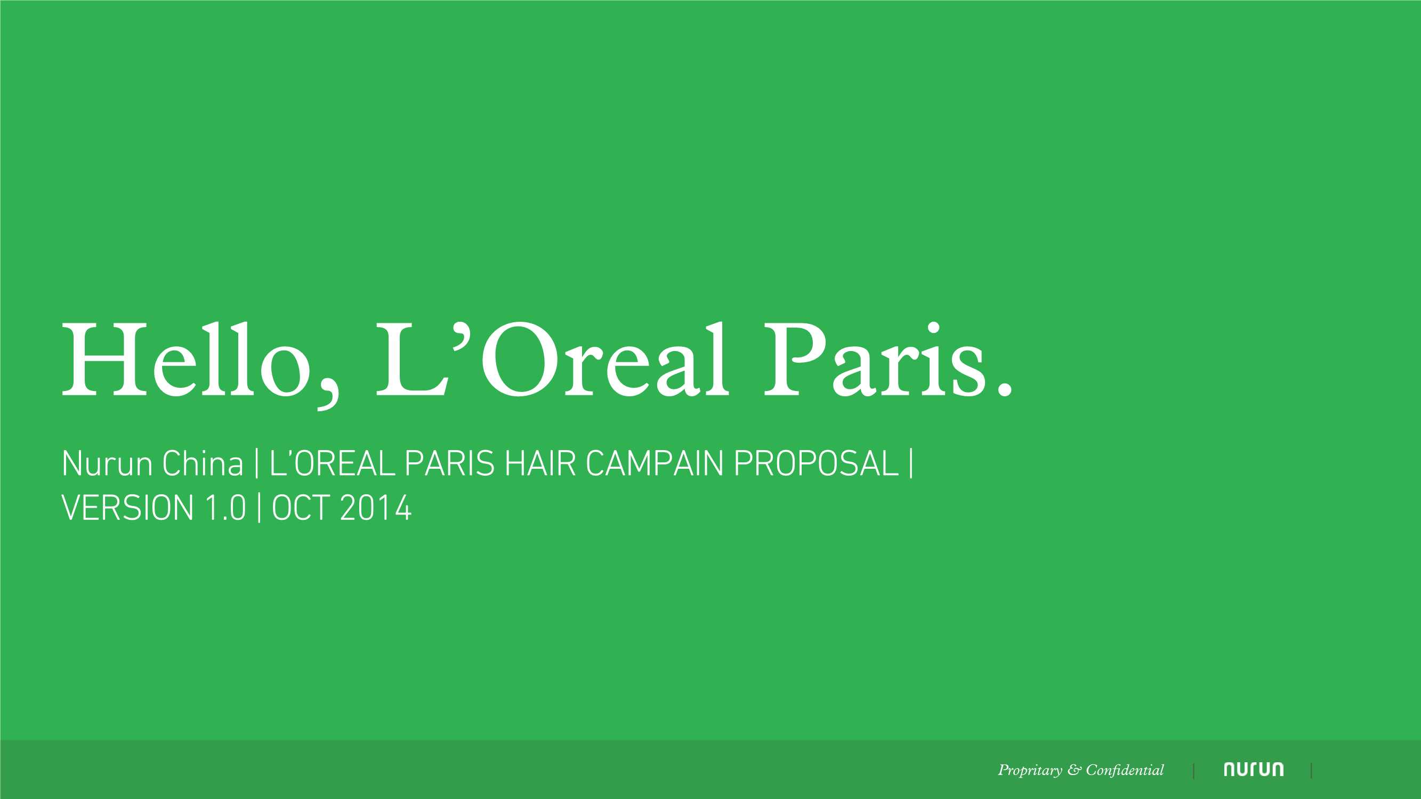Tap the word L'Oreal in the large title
552,360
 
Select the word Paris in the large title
874,360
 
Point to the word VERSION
127,508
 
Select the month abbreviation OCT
301,508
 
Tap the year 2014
376,508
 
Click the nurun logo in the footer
1253,770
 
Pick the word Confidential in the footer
1125,770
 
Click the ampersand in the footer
1074,770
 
